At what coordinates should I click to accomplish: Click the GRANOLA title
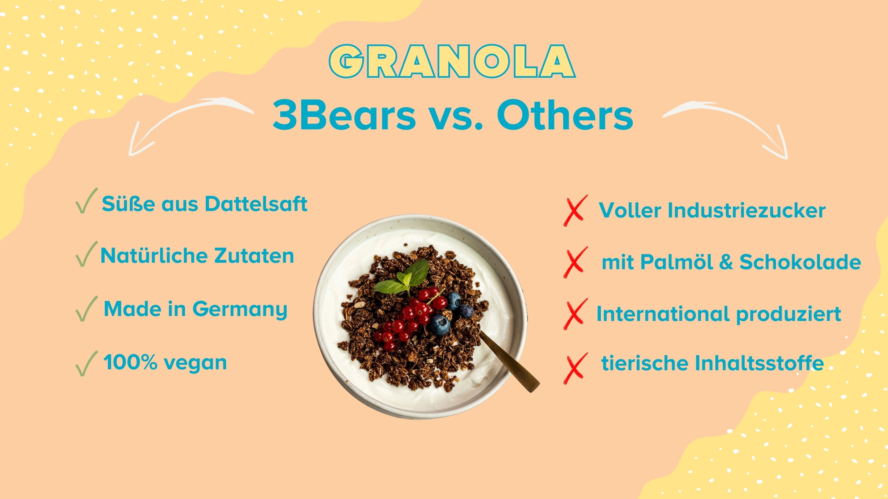tap(452, 61)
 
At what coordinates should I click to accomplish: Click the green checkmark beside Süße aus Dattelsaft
tap(87, 201)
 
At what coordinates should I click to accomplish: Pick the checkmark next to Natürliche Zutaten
tap(87, 254)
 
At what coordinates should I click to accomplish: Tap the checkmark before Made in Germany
tap(87, 309)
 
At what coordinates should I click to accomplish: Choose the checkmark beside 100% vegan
tap(87, 363)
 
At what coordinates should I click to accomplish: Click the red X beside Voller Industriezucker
tap(575, 210)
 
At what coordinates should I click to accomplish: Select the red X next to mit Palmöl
tap(575, 262)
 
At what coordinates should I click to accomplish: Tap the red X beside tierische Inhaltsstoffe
tap(575, 368)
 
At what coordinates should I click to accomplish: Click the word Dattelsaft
tap(256, 204)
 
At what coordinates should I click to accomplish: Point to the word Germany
tap(240, 310)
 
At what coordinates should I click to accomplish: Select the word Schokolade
tap(800, 262)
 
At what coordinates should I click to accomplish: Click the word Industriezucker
tap(747, 210)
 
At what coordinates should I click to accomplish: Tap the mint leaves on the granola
tap(405, 277)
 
